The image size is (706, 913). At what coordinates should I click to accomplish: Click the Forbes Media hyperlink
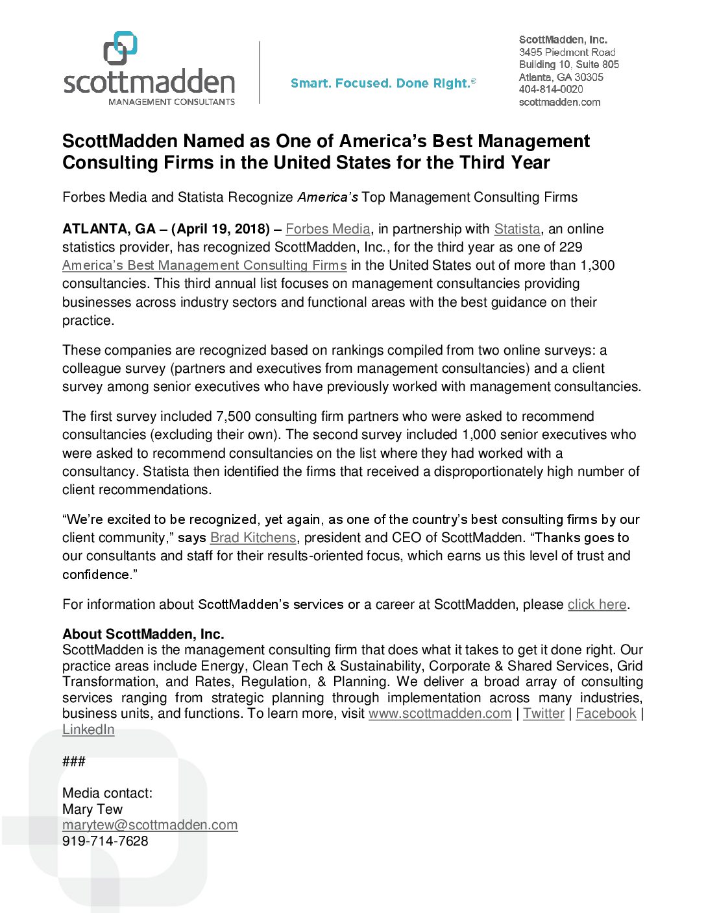(x=328, y=229)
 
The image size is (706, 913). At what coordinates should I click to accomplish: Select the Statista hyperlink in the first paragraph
(x=517, y=229)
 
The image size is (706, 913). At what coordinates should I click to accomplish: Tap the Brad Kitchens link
(x=253, y=538)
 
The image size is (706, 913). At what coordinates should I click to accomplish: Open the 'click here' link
(x=597, y=604)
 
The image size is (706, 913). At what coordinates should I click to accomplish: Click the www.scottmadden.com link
(x=440, y=713)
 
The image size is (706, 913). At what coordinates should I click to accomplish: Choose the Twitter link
(x=544, y=713)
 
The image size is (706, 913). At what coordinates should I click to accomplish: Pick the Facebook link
(x=606, y=713)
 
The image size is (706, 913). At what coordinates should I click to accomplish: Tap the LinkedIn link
(x=88, y=729)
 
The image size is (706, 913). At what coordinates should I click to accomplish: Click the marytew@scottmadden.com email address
(x=150, y=825)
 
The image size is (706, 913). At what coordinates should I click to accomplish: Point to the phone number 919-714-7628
(x=105, y=841)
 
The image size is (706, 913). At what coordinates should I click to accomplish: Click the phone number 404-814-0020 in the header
(x=551, y=89)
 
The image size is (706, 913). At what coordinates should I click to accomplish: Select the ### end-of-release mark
(x=74, y=761)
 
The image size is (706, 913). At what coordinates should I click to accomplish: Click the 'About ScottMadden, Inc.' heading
(x=143, y=634)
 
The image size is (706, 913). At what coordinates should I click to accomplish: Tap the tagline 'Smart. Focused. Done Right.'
(x=383, y=84)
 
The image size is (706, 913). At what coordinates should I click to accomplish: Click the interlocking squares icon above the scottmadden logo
(x=121, y=48)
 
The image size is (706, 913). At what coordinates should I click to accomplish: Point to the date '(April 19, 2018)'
(x=221, y=229)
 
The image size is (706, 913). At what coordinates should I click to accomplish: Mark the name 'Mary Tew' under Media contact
(x=92, y=809)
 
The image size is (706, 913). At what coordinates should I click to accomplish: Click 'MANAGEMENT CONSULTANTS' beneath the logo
(x=171, y=102)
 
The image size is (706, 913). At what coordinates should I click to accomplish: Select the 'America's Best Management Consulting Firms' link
(x=204, y=265)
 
